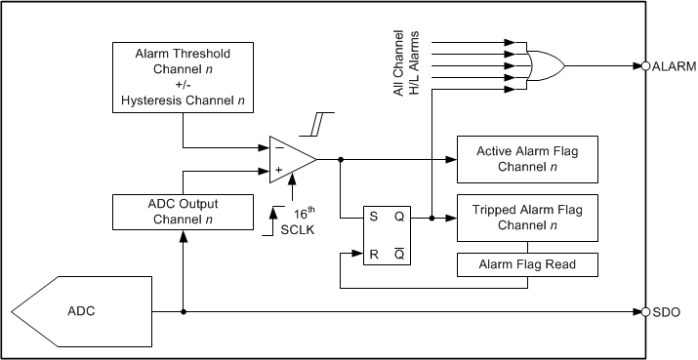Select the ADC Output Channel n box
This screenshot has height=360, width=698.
coord(183,211)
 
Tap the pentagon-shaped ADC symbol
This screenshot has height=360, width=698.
coord(68,313)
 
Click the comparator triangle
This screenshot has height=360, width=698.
coord(289,159)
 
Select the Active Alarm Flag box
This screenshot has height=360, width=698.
coord(528,159)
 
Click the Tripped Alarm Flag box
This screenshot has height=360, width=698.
coord(528,220)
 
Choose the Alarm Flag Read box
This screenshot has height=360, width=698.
coord(528,263)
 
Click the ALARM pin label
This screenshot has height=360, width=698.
coord(674,66)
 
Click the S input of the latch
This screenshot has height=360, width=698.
coord(372,219)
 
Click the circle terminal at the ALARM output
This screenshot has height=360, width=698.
coord(645,66)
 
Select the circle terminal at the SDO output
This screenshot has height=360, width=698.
coord(645,313)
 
